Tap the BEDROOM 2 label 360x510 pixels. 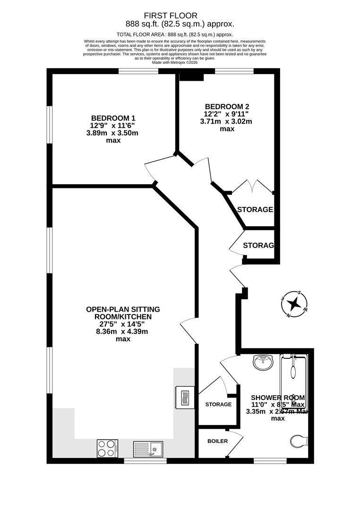tap(227, 106)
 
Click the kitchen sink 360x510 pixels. tap(148, 448)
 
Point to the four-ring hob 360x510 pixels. tap(107, 448)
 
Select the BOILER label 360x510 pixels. tap(218, 441)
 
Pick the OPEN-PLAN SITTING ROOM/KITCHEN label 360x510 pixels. tap(123, 313)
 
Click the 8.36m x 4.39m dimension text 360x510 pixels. tap(123, 331)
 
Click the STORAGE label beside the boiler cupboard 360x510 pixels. tap(218, 404)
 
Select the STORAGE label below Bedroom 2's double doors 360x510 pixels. tap(255, 210)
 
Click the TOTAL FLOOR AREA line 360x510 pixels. tap(175, 34)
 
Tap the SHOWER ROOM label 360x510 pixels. tap(278, 398)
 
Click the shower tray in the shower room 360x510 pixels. tap(293, 382)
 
